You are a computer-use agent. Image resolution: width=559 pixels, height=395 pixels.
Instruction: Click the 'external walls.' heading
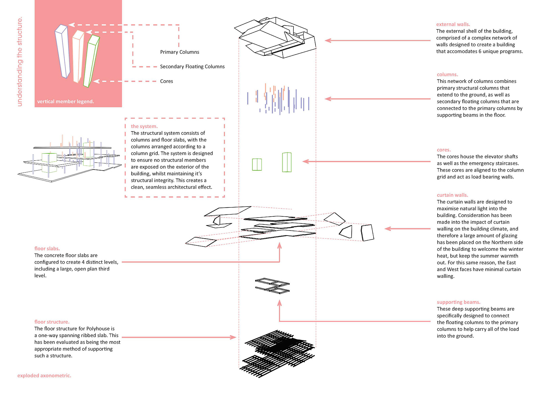coord(453,24)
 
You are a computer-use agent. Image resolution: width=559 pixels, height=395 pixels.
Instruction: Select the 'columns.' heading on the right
coord(447,74)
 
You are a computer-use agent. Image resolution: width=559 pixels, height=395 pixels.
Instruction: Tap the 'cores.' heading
coord(444,150)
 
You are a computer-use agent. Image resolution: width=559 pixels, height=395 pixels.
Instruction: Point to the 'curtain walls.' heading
coord(452,195)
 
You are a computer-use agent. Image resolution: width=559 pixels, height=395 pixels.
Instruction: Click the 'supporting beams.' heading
coord(458,302)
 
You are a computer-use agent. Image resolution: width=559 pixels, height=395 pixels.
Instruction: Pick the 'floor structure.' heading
coord(52,322)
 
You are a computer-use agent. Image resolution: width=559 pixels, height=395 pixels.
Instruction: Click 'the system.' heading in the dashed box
coord(144,126)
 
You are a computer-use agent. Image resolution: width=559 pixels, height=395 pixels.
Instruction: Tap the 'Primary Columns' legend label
coord(180,52)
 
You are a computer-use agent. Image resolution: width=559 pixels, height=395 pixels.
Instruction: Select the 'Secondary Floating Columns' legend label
coord(192,67)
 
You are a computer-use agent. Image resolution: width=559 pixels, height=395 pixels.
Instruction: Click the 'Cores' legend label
coord(167,81)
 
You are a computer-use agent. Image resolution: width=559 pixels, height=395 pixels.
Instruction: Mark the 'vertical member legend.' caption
coord(66,102)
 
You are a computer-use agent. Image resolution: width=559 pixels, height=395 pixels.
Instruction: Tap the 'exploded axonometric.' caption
coord(44,376)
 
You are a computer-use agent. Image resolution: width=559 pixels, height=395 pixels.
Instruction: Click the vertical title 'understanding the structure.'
coord(20,62)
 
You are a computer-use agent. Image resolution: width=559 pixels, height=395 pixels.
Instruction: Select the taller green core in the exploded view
coord(287,162)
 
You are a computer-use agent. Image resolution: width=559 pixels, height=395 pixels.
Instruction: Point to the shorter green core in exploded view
coord(257,164)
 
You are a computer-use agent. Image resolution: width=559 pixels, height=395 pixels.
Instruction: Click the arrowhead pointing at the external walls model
coord(328,40)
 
